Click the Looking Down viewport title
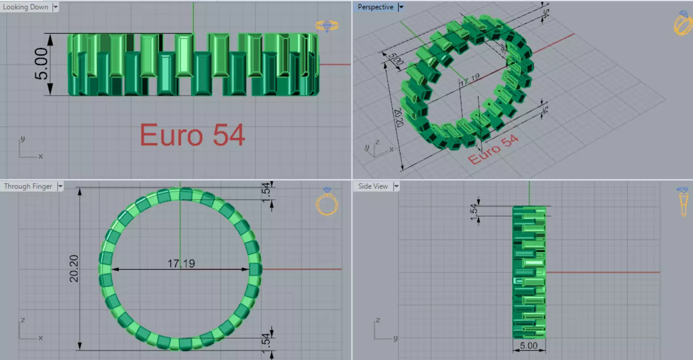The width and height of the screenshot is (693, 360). (26, 7)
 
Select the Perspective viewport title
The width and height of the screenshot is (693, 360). (375, 7)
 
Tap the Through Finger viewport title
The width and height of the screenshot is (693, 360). (28, 186)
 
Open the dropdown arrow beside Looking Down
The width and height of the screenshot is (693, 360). (56, 7)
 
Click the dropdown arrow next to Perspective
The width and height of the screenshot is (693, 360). (401, 7)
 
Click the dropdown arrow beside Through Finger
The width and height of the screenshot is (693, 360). (60, 186)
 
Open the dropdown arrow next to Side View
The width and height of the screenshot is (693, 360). (397, 186)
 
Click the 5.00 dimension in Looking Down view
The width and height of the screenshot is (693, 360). (42, 64)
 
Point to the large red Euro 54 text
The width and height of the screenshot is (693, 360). (192, 135)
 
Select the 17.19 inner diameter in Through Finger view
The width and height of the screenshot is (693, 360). (181, 263)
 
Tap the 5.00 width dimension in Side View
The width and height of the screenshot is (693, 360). (529, 346)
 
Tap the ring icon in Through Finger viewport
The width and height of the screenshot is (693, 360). (327, 202)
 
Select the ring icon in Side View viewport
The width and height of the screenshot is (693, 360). (683, 202)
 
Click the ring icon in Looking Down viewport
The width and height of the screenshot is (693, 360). (327, 26)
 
